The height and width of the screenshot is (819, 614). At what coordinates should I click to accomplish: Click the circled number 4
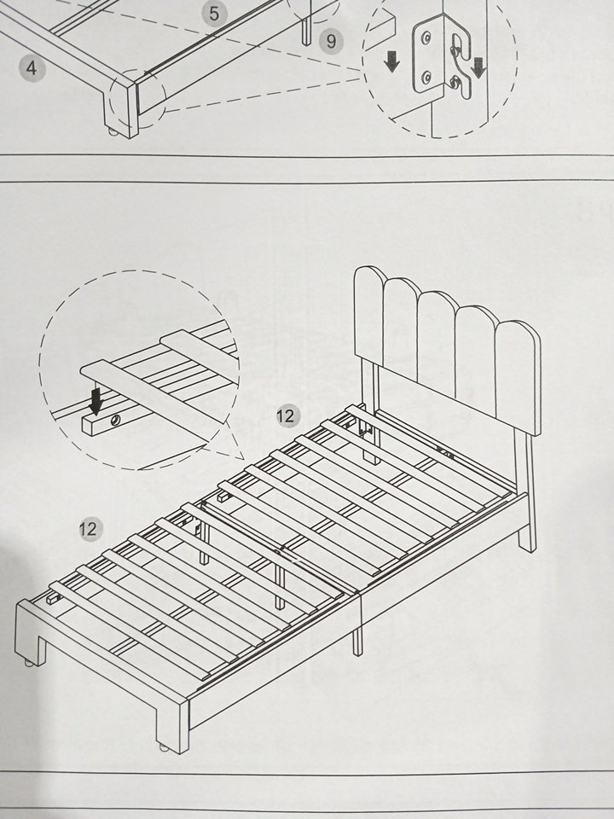click(32, 68)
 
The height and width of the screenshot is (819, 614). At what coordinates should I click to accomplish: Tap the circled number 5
click(213, 13)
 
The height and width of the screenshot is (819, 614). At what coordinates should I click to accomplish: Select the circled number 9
click(327, 40)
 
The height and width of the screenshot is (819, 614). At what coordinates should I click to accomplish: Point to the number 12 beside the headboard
click(287, 415)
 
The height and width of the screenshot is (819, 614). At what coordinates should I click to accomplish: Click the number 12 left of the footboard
click(88, 528)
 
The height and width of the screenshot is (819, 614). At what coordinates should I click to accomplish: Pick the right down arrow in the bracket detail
click(479, 67)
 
